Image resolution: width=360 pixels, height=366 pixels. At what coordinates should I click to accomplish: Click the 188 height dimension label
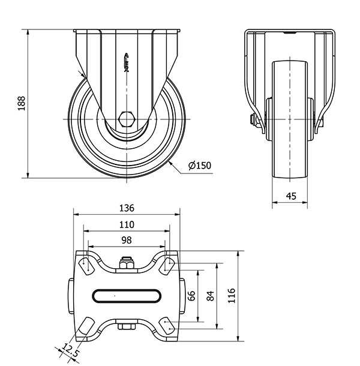pyautogui.click(x=22, y=103)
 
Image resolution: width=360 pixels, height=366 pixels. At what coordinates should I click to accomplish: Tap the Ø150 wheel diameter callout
pyautogui.click(x=200, y=166)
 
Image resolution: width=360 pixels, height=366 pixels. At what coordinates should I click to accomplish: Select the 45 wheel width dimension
pyautogui.click(x=291, y=196)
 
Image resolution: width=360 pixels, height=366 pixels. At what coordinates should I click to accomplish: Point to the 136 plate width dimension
pyautogui.click(x=127, y=208)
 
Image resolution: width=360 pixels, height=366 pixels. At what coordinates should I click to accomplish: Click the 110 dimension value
pyautogui.click(x=127, y=224)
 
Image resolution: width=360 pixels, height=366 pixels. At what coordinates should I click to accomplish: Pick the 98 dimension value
pyautogui.click(x=127, y=240)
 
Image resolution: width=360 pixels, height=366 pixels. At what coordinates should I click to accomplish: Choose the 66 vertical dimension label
pyautogui.click(x=191, y=296)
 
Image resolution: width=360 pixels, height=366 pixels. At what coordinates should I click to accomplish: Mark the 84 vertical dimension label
pyautogui.click(x=211, y=296)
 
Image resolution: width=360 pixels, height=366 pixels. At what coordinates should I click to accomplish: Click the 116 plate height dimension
pyautogui.click(x=232, y=296)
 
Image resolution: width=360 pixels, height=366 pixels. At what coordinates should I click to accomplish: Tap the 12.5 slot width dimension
pyautogui.click(x=70, y=350)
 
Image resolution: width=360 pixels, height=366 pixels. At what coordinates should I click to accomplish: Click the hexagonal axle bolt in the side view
pyautogui.click(x=127, y=119)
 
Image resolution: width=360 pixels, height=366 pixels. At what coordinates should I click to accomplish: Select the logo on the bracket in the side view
pyautogui.click(x=127, y=62)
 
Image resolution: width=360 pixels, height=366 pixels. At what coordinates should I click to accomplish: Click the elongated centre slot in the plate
pyautogui.click(x=127, y=296)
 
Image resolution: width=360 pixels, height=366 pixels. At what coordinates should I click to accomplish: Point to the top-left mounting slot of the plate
pyautogui.click(x=86, y=266)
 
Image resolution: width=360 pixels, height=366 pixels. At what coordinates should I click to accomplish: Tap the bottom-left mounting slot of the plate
pyautogui.click(x=86, y=325)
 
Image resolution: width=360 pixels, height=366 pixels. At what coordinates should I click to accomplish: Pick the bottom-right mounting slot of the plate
pyautogui.click(x=167, y=325)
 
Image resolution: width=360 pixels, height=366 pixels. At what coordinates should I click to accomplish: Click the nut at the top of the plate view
pyautogui.click(x=127, y=263)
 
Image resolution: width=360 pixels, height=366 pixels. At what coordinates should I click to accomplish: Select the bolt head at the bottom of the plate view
pyautogui.click(x=127, y=326)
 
